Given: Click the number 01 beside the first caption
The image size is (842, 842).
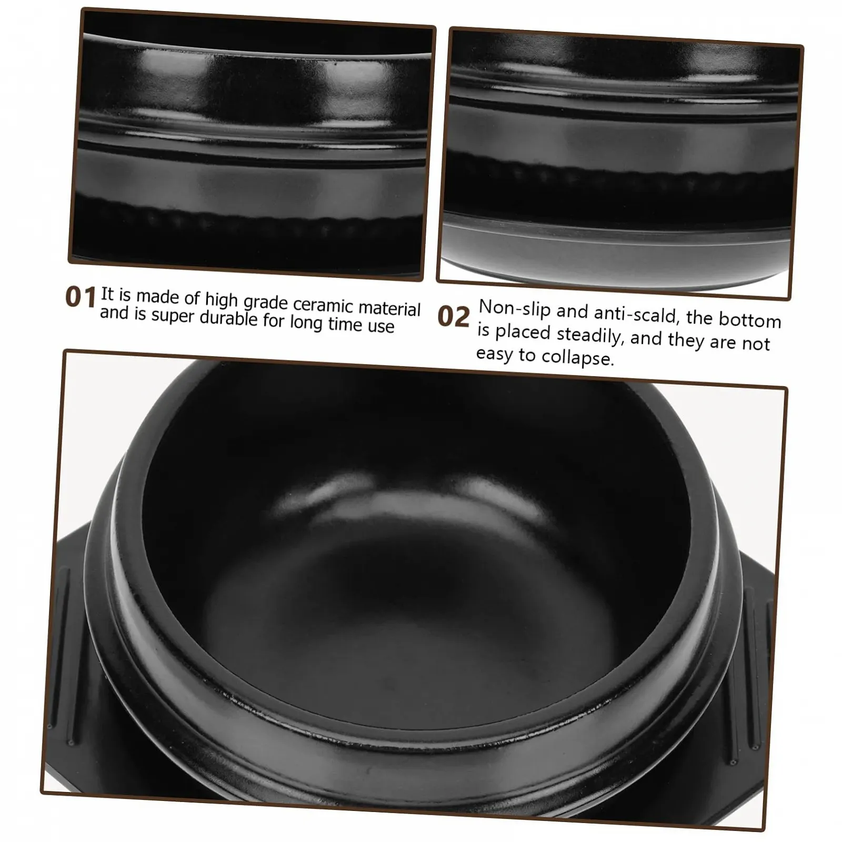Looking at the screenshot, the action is pyautogui.click(x=80, y=297).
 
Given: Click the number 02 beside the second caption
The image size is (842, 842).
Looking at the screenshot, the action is pyautogui.click(x=453, y=317).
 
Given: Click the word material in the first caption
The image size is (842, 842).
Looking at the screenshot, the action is pyautogui.click(x=389, y=308).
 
